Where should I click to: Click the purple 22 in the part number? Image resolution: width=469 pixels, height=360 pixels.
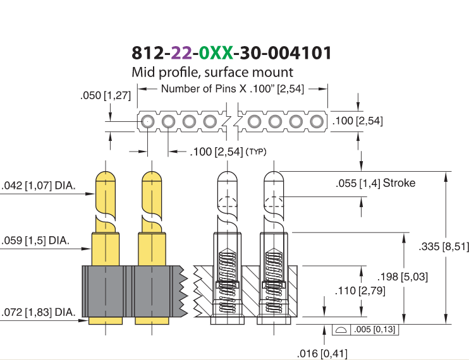(x=181, y=53)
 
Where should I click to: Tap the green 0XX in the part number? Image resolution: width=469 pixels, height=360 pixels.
(x=216, y=53)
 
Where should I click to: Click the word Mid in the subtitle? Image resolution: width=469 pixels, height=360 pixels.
(x=143, y=72)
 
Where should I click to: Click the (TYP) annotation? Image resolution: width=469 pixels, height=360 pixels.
(x=256, y=152)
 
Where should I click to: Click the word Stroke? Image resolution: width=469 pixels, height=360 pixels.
(x=399, y=183)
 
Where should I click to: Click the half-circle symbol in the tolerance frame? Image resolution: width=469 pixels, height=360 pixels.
(x=341, y=330)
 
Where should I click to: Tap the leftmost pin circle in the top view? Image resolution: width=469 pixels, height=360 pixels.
(x=147, y=122)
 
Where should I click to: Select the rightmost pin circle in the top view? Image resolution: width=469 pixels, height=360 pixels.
(x=317, y=122)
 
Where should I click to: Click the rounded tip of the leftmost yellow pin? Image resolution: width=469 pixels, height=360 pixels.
(x=106, y=176)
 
